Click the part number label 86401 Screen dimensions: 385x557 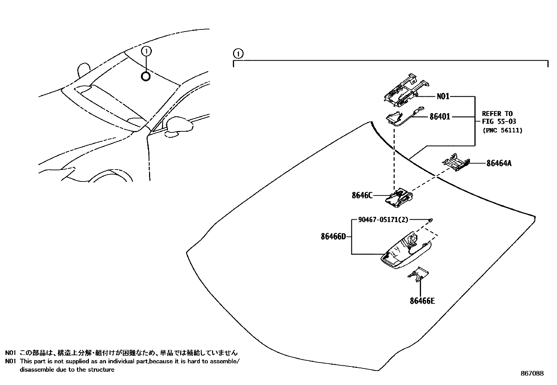440,117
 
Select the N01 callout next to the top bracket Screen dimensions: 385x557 443,96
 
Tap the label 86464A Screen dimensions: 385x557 499,163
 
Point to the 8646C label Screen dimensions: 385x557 362,195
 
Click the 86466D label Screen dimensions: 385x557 333,236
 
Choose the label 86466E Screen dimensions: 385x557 422,301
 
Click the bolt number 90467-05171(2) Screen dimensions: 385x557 383,220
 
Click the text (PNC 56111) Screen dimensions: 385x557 502,130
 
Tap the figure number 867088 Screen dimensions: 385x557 532,373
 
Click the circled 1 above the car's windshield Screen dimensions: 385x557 146,51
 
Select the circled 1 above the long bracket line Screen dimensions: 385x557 238,54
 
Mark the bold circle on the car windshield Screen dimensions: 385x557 146,76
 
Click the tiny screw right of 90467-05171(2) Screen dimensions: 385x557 431,220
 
